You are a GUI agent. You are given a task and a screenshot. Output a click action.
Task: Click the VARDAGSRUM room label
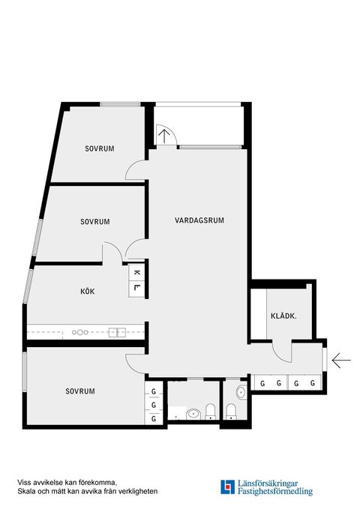(x=199, y=220)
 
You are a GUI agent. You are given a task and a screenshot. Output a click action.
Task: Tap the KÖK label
(x=88, y=291)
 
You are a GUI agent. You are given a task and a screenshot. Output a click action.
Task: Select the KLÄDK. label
(x=283, y=316)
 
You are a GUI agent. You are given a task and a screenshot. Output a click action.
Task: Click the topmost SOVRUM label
(x=99, y=149)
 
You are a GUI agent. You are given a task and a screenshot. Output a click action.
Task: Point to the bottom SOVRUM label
(x=80, y=391)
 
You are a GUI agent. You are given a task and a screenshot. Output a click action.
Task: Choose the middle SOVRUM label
(x=95, y=222)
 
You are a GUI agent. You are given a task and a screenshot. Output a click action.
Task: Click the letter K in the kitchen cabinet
(x=136, y=274)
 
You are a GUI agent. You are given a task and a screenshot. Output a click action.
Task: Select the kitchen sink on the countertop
(x=117, y=331)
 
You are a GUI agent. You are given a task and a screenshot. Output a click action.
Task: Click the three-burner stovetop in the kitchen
(x=80, y=331)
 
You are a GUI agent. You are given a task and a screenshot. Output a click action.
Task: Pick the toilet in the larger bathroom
(x=211, y=409)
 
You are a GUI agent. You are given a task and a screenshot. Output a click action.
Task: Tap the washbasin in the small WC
(x=241, y=392)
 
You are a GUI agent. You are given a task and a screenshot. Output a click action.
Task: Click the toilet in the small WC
(x=232, y=409)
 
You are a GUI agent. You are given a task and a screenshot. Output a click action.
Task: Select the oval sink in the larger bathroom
(x=192, y=412)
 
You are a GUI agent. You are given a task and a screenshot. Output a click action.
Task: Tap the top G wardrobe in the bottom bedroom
(x=154, y=391)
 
